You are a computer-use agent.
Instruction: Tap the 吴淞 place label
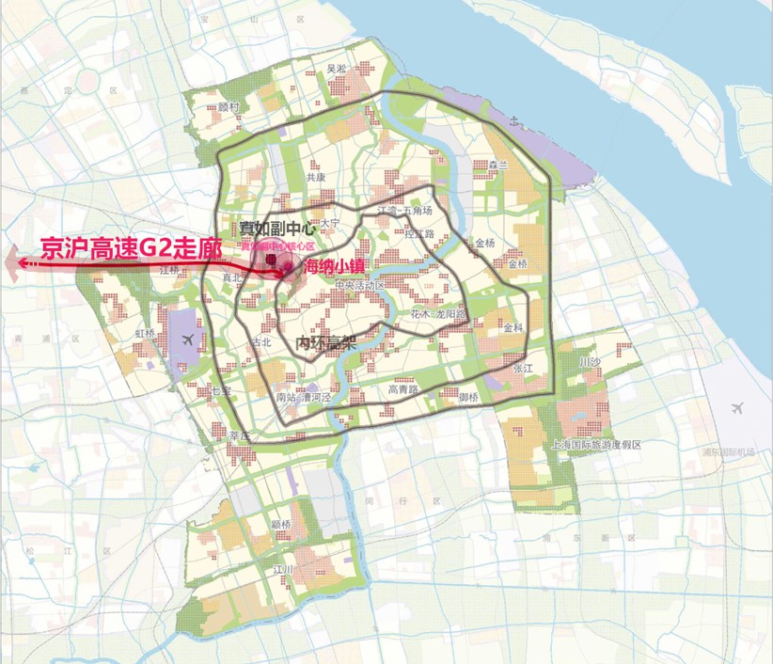point(336,69)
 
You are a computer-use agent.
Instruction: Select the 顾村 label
point(229,106)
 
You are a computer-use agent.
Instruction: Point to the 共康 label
point(315,176)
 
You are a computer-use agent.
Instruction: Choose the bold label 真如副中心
point(275,227)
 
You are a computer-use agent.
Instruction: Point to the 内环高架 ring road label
point(325,343)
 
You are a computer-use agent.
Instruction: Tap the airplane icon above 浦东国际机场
point(736,408)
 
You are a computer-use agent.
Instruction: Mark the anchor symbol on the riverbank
point(513,119)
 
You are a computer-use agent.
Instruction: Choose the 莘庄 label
point(240,436)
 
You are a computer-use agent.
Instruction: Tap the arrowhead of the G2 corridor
point(11,264)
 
